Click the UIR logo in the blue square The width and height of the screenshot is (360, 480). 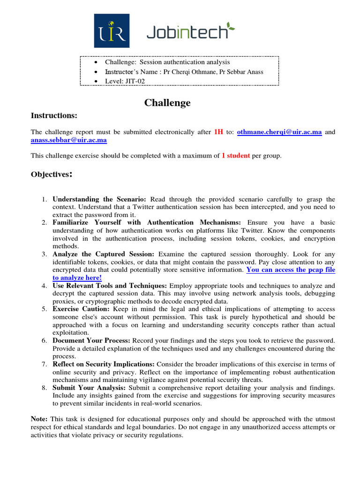[x=112, y=30]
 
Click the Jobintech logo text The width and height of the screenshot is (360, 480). [x=190, y=32]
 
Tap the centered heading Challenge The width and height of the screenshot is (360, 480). [x=167, y=103]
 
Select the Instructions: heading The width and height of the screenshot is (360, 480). [x=54, y=115]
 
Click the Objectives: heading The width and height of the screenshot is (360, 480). [x=52, y=174]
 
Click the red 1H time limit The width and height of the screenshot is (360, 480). [x=218, y=132]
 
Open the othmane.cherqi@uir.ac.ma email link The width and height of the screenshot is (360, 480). [x=279, y=132]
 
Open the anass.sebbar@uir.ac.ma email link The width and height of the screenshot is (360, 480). [x=69, y=140]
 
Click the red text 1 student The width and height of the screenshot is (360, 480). [x=236, y=156]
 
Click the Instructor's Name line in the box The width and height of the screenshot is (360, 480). [x=184, y=72]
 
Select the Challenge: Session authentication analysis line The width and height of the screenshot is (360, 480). [x=167, y=62]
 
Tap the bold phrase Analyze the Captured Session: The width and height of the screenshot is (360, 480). [x=103, y=254]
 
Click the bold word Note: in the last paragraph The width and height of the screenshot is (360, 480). [x=39, y=419]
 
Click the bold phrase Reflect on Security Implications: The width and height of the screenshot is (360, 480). [x=104, y=364]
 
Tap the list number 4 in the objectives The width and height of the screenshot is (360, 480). [x=44, y=285]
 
